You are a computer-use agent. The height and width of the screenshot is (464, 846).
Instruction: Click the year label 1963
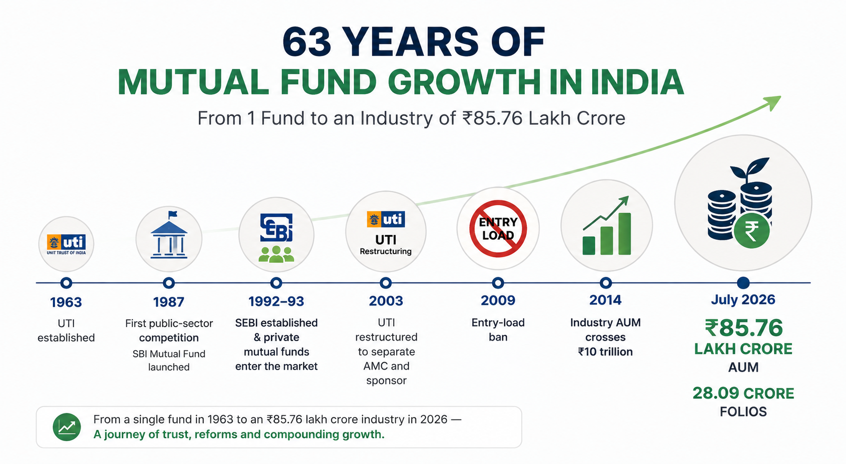(66, 302)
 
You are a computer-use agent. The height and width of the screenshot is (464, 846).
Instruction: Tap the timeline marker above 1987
(169, 283)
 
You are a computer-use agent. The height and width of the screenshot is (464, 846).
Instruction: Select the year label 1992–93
(276, 301)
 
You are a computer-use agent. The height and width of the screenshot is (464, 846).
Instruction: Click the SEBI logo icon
(276, 227)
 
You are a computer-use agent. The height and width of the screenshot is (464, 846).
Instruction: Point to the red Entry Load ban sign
(498, 228)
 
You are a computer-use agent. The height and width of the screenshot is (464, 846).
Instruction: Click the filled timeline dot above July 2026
(743, 282)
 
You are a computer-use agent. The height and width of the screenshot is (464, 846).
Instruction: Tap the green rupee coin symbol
(752, 231)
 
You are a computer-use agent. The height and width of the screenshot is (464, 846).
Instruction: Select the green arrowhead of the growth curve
(772, 103)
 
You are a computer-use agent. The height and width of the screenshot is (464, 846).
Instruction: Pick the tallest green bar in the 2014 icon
(625, 234)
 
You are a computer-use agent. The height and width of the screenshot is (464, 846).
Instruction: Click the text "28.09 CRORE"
(743, 394)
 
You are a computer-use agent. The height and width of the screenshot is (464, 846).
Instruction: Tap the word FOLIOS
(743, 412)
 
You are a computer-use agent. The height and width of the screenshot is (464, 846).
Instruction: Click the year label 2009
(498, 301)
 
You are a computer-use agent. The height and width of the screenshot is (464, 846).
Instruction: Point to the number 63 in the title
(307, 41)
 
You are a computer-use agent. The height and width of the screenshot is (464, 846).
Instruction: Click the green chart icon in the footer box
(67, 427)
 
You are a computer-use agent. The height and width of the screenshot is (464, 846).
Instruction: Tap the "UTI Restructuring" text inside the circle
(386, 245)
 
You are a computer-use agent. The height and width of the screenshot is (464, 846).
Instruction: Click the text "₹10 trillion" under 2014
(605, 352)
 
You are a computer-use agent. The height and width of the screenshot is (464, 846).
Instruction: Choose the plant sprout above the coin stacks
(750, 170)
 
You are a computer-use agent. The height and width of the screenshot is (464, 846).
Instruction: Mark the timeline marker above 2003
(386, 283)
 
